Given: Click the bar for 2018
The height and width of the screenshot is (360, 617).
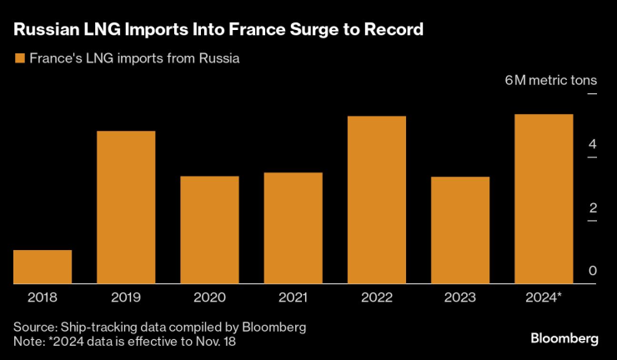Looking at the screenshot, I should pyautogui.click(x=43, y=267).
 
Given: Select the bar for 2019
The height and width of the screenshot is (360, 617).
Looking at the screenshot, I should pyautogui.click(x=126, y=207).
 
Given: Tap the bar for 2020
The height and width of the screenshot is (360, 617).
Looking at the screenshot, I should pyautogui.click(x=209, y=230).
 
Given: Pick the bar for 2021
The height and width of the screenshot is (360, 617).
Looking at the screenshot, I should pyautogui.click(x=293, y=228).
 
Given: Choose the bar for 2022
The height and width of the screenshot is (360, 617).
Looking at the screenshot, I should pyautogui.click(x=376, y=200).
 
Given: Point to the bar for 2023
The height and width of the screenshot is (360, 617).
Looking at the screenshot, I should pyautogui.click(x=460, y=230).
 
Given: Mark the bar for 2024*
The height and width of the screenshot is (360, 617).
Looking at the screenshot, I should pyautogui.click(x=544, y=199).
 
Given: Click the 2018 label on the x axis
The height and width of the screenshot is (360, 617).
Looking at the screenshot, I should pyautogui.click(x=43, y=297).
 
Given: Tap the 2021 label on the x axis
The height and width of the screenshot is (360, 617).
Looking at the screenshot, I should pyautogui.click(x=293, y=297).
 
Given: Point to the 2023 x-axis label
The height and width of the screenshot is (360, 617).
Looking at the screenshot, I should pyautogui.click(x=460, y=297).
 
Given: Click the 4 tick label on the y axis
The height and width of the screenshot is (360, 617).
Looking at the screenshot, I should pyautogui.click(x=592, y=145).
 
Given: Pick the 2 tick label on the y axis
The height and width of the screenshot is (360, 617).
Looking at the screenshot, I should pyautogui.click(x=592, y=207).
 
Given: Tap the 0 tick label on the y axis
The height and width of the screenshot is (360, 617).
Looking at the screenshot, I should pyautogui.click(x=592, y=270).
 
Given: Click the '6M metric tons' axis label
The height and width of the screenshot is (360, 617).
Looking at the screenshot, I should pyautogui.click(x=551, y=81).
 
